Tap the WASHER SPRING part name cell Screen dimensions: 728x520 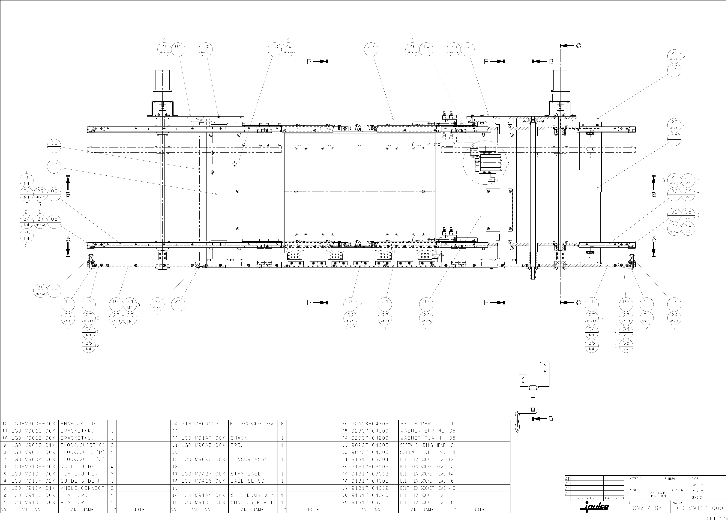[423, 431]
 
